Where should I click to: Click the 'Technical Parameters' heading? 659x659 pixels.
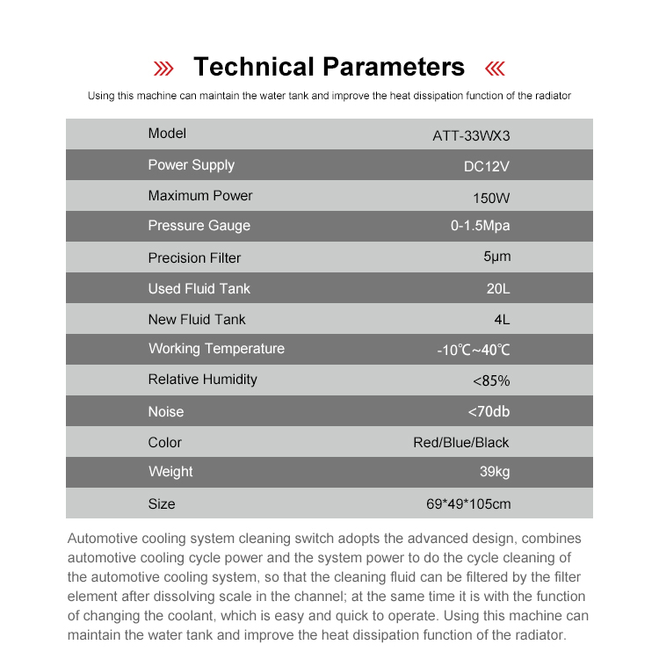pos(329,67)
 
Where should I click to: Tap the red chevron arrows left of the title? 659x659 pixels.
pos(163,69)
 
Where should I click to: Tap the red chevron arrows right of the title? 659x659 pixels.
pos(496,69)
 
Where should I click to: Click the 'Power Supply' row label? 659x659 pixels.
pos(191,165)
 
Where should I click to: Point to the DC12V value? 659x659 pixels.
pos(486,166)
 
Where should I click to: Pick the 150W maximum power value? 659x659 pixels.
pos(490,197)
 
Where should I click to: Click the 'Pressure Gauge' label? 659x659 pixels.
pos(199,226)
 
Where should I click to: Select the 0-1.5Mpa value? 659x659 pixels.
pos(480,226)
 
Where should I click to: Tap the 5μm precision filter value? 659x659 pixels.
pos(496,257)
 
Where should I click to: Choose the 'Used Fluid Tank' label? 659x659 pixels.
pos(199,288)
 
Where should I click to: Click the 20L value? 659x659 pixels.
pos(497,288)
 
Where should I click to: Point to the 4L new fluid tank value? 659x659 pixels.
pos(501,319)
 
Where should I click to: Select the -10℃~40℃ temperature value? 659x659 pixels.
pos(473,350)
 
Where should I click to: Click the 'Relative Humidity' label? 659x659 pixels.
pos(202,380)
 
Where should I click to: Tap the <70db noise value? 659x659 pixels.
pos(489,410)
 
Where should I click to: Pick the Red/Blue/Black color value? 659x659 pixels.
pos(460,442)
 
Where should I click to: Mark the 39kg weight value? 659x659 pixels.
pos(495,472)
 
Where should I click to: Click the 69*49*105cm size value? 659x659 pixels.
pos(468,504)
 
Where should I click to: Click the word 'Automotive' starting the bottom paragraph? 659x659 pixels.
pos(102,538)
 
